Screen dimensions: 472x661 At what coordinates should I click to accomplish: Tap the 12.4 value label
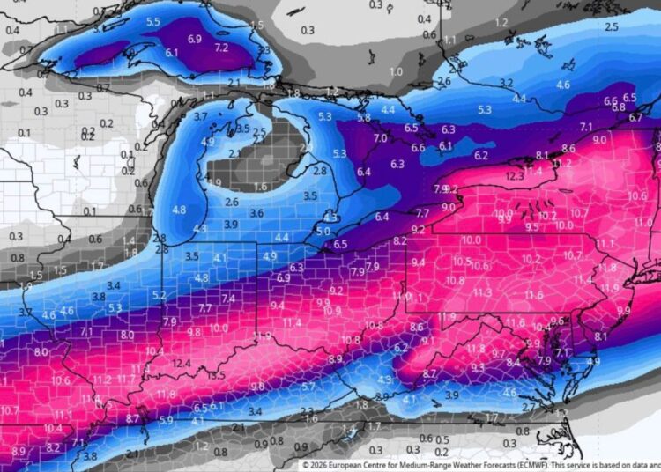pyautogui.click(x=182, y=363)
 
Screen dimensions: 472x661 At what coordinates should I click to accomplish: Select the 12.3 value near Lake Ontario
pyautogui.click(x=516, y=176)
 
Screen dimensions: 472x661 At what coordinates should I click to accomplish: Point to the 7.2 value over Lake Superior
pyautogui.click(x=221, y=47)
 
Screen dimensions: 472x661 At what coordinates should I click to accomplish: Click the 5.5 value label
pyautogui.click(x=153, y=21)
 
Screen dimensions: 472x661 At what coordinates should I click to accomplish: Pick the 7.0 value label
pyautogui.click(x=381, y=138)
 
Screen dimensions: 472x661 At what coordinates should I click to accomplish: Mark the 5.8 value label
pyautogui.click(x=364, y=117)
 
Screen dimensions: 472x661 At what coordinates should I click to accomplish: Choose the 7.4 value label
pyautogui.click(x=228, y=299)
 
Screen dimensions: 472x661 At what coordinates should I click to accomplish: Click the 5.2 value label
pyautogui.click(x=160, y=295)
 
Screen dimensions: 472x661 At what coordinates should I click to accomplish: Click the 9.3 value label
pyautogui.click(x=478, y=367)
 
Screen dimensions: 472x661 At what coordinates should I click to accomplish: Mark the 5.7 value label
pyautogui.click(x=308, y=386)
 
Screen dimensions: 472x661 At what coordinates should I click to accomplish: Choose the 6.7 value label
pyautogui.click(x=635, y=117)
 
